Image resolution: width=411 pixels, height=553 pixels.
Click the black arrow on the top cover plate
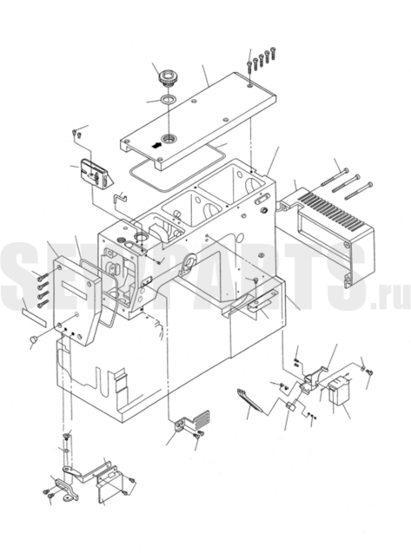(x=156, y=145)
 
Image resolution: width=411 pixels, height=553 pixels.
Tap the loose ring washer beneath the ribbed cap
(x=167, y=99)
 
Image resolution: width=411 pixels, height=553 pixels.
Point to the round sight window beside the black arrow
(x=169, y=139)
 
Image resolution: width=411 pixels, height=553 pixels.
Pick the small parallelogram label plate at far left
(x=34, y=316)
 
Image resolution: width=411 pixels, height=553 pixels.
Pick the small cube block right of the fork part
(x=291, y=406)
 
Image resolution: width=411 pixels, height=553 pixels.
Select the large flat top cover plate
(x=198, y=120)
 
